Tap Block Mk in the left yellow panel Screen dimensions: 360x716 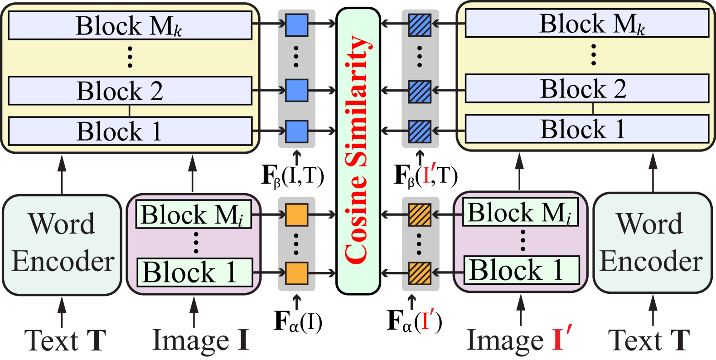130,26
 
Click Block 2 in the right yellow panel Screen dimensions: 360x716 587,88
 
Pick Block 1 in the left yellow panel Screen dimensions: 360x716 130,131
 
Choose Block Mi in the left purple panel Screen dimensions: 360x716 194,214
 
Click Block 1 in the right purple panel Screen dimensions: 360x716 521,270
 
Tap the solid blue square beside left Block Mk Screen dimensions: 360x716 297,25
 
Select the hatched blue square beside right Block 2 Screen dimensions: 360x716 420,91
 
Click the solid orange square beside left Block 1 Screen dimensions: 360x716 297,273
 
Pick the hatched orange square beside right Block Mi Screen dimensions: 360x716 420,214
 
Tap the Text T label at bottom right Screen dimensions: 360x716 649,340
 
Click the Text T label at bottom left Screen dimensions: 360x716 66,340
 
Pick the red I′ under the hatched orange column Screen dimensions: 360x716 427,320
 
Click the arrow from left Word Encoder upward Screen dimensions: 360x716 62,175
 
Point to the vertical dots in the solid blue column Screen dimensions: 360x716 296,57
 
